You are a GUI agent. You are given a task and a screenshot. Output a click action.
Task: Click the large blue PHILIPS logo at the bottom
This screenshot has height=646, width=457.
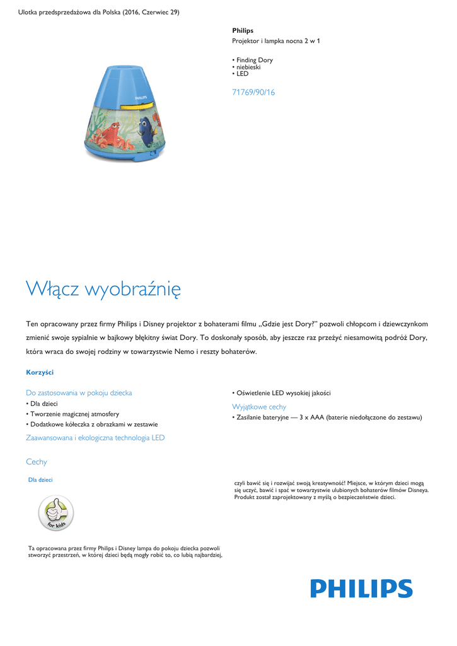pos(361,589)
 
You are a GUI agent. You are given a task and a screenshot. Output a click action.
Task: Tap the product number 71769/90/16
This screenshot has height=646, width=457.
pos(253,93)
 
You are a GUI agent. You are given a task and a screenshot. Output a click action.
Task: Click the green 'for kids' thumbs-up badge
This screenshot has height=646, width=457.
pos(56,513)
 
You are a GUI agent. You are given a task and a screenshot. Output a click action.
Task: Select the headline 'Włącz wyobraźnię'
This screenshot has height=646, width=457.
pos(103,289)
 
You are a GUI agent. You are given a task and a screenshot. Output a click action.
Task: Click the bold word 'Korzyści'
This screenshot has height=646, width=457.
pos(40,372)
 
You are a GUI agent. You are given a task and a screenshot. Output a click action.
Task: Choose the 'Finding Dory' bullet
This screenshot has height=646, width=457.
pos(254,61)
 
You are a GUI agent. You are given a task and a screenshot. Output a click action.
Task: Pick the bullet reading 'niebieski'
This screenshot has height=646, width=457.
pos(248,67)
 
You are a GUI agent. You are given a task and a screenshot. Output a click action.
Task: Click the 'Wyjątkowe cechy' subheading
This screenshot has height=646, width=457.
pos(259,407)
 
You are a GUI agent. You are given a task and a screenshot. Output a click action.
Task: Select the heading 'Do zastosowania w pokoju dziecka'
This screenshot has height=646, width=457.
pos(79,393)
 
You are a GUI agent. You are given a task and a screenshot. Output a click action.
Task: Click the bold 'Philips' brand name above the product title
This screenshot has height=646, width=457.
pos(243,30)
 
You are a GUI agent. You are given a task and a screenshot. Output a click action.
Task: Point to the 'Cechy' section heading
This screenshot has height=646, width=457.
pos(37,462)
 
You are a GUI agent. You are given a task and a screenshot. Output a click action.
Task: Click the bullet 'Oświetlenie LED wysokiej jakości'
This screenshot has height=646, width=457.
pos(283,393)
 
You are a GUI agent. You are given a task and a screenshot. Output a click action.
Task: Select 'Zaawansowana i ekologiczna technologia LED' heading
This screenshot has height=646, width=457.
pos(95,438)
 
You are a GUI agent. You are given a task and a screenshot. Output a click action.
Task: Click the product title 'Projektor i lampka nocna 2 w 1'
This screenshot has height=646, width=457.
pos(276,41)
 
